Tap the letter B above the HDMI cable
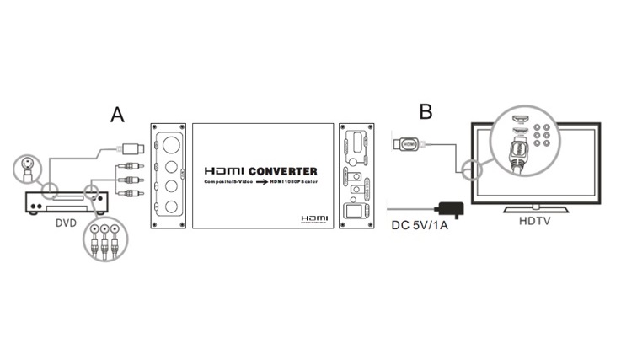[426, 111]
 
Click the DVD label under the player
[66, 223]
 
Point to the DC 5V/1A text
[420, 225]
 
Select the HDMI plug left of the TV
[409, 144]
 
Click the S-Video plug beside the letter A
[134, 148]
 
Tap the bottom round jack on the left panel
[172, 206]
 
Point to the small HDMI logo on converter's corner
[313, 218]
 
